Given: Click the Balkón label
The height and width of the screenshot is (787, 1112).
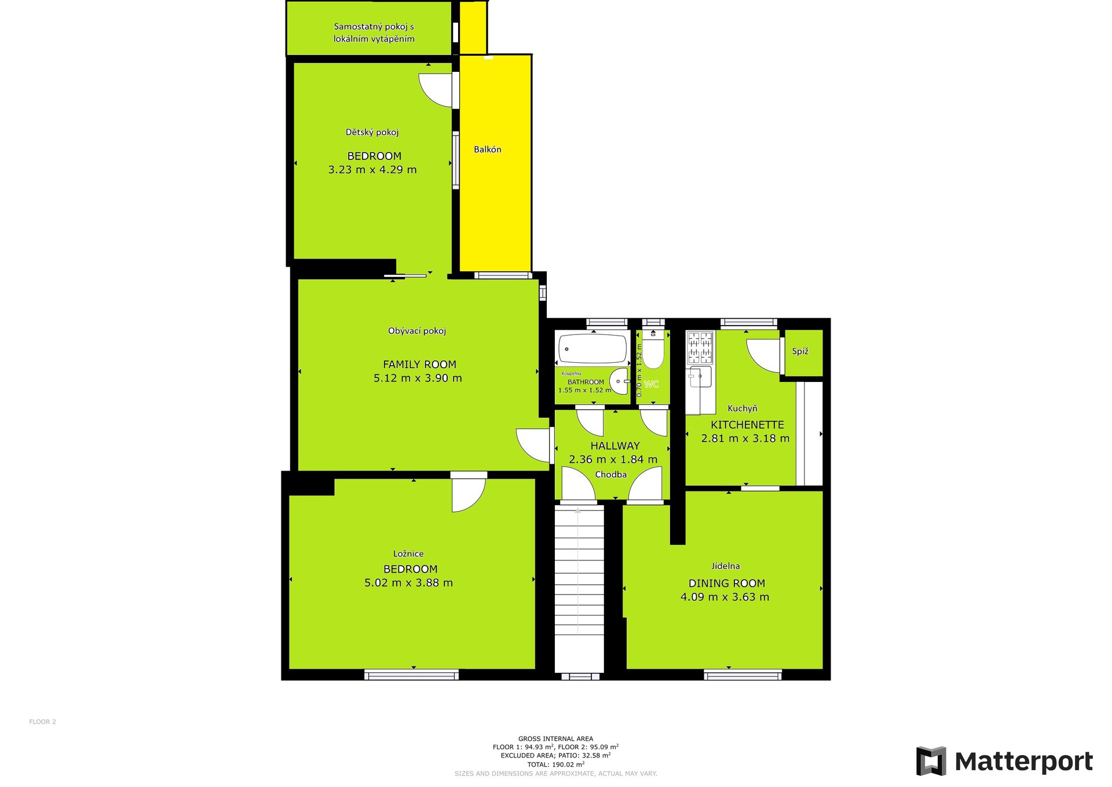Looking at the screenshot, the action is [x=488, y=150].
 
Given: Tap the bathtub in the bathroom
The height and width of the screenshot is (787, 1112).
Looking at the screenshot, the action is [x=592, y=349].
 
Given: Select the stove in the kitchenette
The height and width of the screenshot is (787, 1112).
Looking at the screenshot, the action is [x=700, y=347].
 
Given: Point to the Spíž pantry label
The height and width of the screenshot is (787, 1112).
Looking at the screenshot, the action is [x=800, y=351].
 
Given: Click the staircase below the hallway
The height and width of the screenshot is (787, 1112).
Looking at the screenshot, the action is [x=579, y=589].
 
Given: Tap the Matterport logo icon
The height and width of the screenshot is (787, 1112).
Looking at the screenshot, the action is [x=931, y=761].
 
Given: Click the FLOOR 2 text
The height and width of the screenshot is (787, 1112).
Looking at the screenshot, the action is [x=43, y=722].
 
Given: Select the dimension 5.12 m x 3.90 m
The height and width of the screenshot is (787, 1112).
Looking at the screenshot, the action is [x=418, y=378].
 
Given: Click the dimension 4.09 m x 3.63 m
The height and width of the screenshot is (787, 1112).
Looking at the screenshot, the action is [x=725, y=597].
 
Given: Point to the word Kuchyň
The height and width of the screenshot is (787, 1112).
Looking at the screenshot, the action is [x=742, y=409].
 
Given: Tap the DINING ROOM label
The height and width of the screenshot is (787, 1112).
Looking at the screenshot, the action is [x=727, y=584].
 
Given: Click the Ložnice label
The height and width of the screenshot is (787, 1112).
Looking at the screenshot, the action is [x=408, y=554].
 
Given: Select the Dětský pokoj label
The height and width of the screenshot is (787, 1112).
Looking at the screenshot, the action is [x=372, y=132].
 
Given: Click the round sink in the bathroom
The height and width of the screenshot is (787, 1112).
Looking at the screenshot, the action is [x=619, y=381].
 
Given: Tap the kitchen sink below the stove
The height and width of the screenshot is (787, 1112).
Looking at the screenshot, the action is [x=700, y=377].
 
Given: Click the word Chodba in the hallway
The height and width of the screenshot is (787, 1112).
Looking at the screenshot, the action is [x=611, y=475].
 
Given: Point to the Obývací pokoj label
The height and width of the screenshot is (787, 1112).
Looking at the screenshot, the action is [x=417, y=331].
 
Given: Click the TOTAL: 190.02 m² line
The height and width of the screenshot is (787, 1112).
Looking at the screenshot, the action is [x=556, y=764].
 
